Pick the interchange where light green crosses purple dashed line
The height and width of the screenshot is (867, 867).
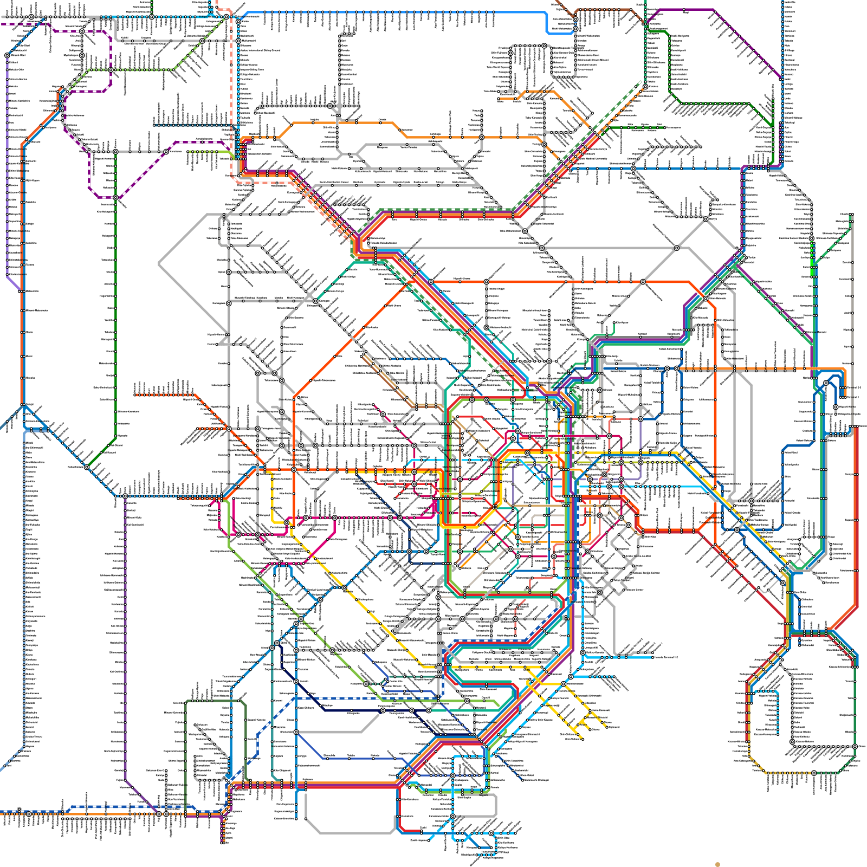click(111, 70)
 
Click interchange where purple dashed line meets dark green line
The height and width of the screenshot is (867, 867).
click(115, 197)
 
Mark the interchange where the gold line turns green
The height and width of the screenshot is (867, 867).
click(813, 773)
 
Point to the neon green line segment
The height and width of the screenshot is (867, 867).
click(812, 263)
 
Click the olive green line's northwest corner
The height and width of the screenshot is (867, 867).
click(186, 702)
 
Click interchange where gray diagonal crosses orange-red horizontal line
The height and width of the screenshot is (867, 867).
click(643, 282)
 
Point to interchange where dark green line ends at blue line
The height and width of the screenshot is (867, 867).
click(86, 467)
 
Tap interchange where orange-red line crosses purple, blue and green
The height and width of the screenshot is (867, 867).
click(706, 299)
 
